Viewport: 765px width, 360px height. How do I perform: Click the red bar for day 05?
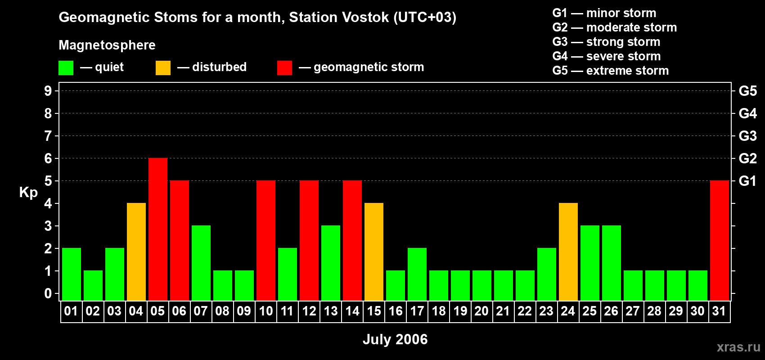[158, 229]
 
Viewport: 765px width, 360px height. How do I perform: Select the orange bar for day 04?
[136, 252]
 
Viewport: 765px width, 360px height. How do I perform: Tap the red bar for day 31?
[720, 240]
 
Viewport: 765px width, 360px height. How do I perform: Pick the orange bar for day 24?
[568, 252]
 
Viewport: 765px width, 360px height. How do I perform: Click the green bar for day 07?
[201, 263]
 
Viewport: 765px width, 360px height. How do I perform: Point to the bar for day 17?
[417, 274]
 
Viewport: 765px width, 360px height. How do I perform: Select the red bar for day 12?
[309, 240]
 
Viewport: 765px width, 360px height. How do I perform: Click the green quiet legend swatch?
[66, 68]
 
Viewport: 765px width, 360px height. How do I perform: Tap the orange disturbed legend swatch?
[163, 68]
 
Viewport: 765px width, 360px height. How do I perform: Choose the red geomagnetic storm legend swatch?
[284, 68]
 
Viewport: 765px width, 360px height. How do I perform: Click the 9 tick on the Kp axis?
[48, 91]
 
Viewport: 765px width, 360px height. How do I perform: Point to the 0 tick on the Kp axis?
[48, 294]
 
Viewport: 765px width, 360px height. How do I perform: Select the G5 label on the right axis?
[747, 91]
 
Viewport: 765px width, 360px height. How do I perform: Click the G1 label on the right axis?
[747, 181]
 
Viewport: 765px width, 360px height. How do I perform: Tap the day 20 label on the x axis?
[481, 311]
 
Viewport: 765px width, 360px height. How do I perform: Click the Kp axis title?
[28, 193]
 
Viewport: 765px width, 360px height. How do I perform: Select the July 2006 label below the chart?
[395, 339]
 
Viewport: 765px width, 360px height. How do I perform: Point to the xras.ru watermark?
[738, 347]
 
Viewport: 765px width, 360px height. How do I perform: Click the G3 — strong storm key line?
[606, 42]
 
